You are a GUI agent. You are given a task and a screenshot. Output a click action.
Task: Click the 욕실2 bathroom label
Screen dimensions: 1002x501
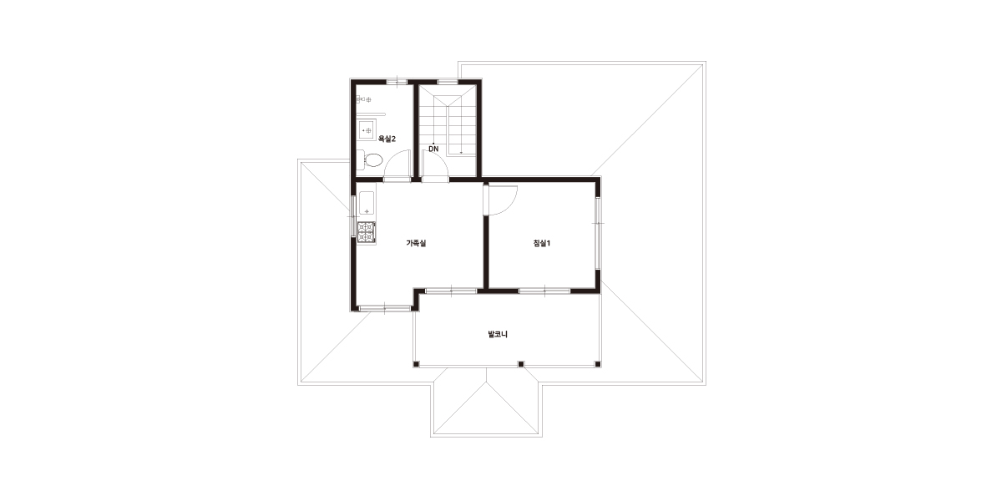387,139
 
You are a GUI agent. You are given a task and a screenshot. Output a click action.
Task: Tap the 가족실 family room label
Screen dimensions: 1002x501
416,243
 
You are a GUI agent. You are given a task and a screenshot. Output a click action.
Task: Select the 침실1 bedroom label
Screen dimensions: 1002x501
542,243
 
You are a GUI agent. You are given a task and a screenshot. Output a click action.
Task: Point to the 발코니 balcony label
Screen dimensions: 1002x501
498,334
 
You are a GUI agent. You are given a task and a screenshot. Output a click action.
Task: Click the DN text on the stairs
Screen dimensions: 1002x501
433,149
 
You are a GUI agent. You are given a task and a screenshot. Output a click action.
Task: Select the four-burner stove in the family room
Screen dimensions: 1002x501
367,233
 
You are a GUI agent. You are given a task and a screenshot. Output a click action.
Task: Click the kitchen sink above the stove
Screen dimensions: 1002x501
367,204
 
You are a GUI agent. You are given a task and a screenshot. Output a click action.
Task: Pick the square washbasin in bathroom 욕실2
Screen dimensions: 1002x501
367,130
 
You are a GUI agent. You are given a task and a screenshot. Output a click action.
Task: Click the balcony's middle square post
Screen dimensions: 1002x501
521,364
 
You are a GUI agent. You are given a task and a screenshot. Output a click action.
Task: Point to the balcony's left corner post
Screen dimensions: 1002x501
416,364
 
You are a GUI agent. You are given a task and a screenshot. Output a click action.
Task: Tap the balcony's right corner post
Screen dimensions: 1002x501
597,364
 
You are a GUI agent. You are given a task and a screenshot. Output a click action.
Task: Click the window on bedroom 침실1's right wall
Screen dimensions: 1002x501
598,233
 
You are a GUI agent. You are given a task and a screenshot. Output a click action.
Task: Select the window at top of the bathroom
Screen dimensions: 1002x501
397,82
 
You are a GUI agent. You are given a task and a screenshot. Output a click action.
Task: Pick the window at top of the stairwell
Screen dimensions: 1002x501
448,82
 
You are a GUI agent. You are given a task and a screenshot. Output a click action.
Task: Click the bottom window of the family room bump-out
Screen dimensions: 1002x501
385,308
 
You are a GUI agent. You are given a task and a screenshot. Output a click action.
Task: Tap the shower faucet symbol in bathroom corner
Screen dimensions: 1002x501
363,99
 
